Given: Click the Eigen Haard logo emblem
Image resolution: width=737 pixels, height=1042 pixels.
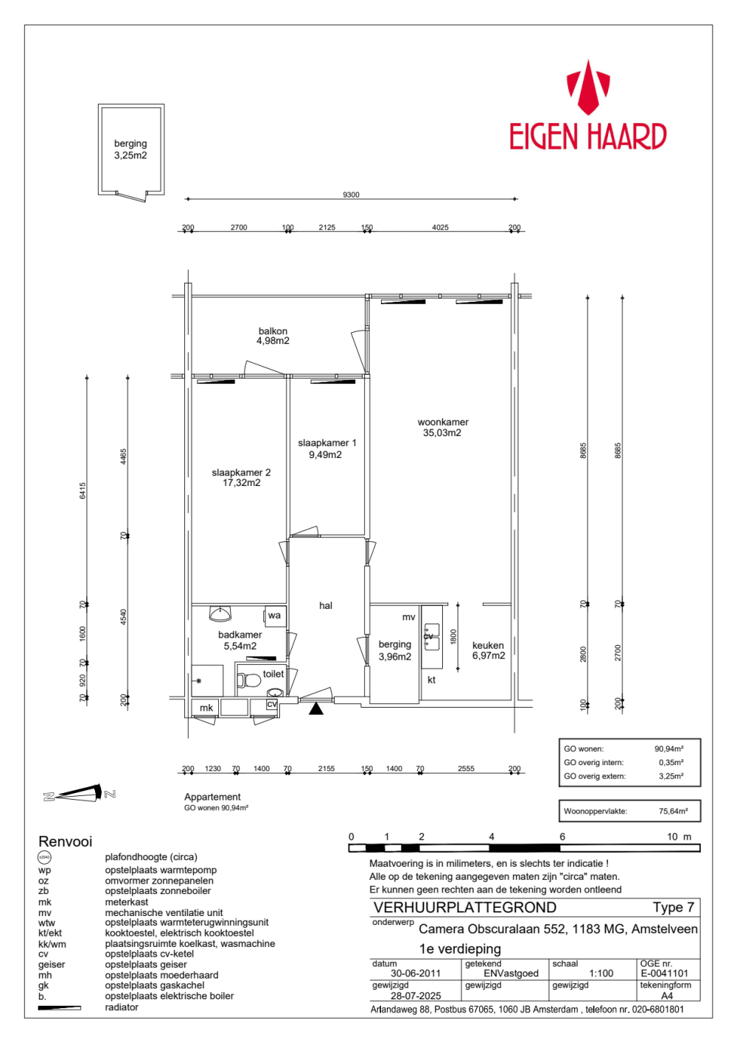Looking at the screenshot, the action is point(588,88).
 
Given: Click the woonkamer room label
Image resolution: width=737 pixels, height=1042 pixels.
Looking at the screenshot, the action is point(443,422).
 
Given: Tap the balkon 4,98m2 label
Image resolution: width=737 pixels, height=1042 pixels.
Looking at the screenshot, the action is point(273,336).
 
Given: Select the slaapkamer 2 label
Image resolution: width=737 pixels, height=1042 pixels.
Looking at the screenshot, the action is point(241,472).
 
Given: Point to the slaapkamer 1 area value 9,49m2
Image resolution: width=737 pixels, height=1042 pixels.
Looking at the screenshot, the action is point(326,454).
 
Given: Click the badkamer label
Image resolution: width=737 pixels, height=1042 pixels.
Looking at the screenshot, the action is point(240,635).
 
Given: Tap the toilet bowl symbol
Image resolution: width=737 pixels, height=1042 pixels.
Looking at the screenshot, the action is point(248,680).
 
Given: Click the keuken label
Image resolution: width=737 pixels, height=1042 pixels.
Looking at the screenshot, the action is point(488,645).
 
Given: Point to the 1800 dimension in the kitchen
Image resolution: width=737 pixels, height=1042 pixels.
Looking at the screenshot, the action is point(454,636).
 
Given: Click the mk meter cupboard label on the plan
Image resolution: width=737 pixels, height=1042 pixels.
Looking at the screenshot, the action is point(206,708).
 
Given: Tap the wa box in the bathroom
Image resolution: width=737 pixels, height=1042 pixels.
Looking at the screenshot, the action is point(275,616).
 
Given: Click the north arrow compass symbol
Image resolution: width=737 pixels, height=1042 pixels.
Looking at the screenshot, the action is point(79,794).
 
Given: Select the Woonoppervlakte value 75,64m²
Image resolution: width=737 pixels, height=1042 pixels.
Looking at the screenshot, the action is point(673,811).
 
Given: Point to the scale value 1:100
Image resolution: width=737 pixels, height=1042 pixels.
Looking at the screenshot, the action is point(601,974).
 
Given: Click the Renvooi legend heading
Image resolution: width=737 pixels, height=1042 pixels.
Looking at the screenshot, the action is point(65,841).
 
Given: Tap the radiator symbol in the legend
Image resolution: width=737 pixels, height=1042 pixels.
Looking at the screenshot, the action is point(60,1007).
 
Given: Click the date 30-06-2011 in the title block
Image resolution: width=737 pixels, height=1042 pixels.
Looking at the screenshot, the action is point(415,974).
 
